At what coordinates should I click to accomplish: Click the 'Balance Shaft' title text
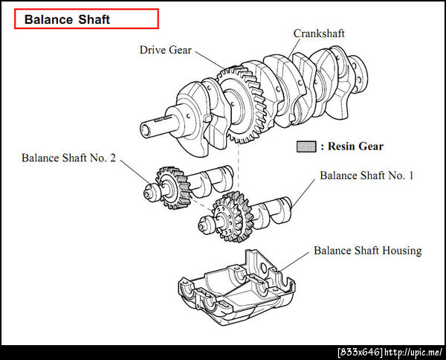(x=67, y=19)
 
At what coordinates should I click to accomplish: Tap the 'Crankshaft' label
(x=319, y=33)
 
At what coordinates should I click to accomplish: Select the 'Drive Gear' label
(x=166, y=50)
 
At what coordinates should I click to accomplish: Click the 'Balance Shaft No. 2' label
(x=69, y=158)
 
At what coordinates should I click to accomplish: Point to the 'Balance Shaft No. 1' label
(x=366, y=176)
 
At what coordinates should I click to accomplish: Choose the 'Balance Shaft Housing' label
(x=368, y=251)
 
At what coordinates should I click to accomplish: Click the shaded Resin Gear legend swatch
(x=306, y=147)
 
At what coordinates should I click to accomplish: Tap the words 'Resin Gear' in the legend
(x=355, y=147)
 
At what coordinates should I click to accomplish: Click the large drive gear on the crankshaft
(x=242, y=105)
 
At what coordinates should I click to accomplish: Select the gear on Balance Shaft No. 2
(x=172, y=188)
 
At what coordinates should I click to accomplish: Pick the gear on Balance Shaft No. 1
(x=233, y=216)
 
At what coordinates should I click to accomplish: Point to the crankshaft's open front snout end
(x=145, y=131)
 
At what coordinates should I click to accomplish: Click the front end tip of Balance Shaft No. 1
(x=201, y=227)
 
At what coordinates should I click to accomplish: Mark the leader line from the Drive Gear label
(x=210, y=60)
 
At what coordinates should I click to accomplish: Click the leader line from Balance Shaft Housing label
(x=294, y=261)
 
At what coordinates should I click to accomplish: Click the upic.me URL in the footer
(x=413, y=353)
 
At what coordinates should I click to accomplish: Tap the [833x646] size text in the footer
(x=360, y=353)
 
